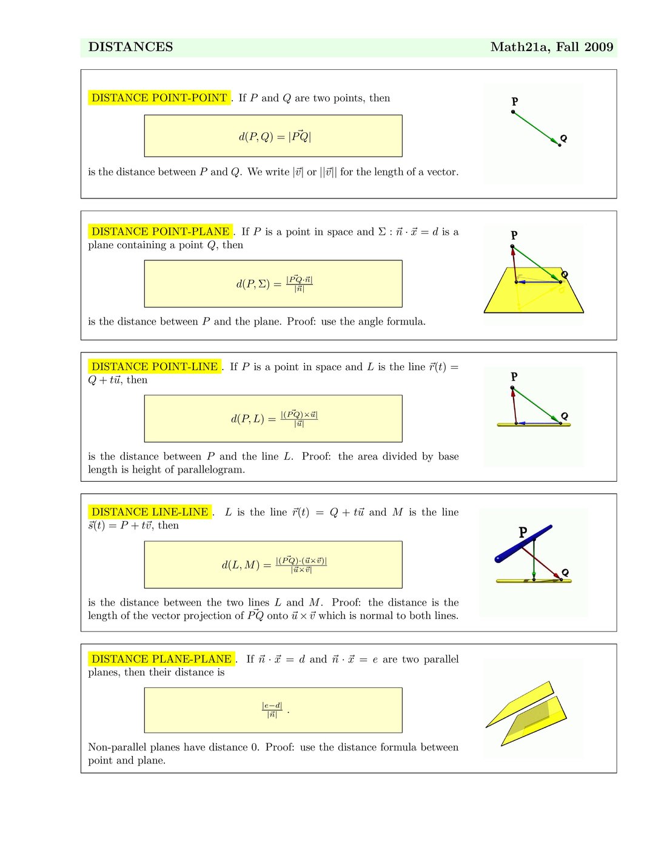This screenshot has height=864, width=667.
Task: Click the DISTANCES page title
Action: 130,47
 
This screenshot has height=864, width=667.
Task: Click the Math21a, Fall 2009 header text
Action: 551,47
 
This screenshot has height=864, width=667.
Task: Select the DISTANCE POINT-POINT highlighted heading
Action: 159,98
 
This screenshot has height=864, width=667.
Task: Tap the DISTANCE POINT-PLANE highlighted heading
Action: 160,231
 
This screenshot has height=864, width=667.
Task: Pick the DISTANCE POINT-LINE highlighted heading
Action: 154,366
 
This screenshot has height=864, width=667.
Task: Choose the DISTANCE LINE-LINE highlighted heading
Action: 150,512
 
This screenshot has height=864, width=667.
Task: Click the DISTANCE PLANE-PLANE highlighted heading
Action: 161,659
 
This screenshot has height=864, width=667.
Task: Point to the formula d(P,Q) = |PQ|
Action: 274,137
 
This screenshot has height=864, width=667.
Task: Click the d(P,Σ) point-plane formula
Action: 274,284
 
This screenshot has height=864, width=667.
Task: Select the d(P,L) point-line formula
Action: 274,419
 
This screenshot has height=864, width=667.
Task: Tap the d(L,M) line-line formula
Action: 274,565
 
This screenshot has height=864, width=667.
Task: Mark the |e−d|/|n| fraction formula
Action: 272,710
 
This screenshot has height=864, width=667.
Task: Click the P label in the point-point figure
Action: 515,102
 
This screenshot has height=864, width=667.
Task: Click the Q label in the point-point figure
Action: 564,138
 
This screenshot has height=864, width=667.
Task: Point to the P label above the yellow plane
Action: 514,235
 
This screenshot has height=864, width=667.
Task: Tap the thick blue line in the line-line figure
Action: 523,544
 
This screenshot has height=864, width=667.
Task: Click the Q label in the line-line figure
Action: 565,572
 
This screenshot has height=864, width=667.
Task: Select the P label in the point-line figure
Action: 514,376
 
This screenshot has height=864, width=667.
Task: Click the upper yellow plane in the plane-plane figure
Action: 521,704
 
